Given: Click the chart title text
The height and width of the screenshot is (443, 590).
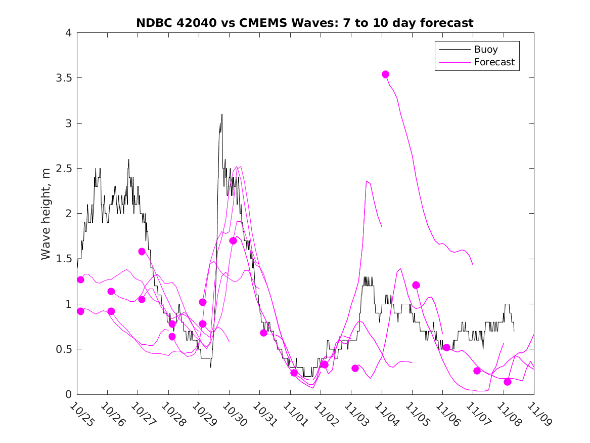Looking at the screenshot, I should point(305,23).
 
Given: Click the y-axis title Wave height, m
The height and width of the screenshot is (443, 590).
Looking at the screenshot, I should point(46,214).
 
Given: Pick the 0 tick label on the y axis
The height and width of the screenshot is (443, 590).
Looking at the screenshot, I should point(68,394).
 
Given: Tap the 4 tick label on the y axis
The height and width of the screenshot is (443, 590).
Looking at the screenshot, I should point(68,33).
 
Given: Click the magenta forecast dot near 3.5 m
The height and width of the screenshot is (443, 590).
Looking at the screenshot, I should point(385,74).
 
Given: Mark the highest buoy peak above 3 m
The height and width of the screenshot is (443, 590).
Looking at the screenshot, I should point(221,114).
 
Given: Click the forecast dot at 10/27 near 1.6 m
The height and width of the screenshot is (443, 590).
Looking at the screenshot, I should point(142,252).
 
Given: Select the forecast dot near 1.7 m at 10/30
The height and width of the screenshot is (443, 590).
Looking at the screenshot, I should point(233,240).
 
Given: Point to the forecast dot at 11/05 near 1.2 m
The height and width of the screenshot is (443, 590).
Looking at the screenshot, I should point(416,285).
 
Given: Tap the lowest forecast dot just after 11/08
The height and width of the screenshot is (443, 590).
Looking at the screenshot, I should point(508,382).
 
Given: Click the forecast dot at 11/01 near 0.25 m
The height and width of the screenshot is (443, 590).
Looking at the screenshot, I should point(294,373).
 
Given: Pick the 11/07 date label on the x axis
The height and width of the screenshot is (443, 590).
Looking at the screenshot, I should point(478,415).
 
